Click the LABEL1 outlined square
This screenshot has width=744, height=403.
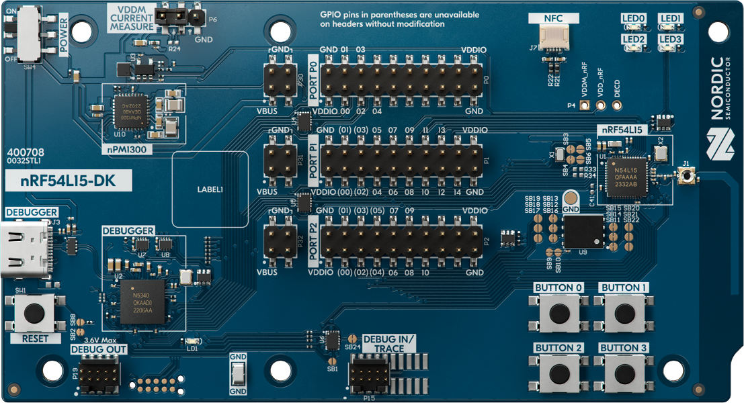tap(210, 189)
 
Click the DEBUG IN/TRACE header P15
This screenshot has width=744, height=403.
tap(368, 373)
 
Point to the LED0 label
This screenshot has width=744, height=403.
tap(634, 18)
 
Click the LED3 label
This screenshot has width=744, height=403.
tap(671, 40)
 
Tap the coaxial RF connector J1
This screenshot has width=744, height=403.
tap(686, 177)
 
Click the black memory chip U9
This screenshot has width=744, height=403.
tap(583, 231)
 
